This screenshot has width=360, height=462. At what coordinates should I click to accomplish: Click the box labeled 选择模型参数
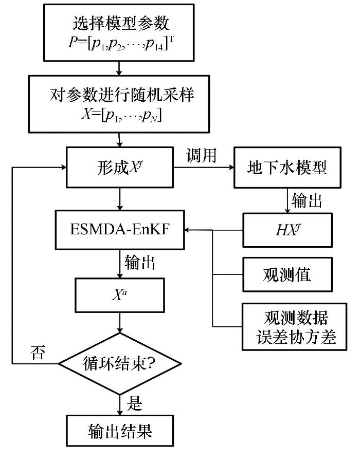coord(119,32)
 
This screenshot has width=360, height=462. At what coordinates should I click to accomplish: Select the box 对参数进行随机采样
coord(119,104)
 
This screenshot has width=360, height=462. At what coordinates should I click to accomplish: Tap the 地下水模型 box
coord(287,168)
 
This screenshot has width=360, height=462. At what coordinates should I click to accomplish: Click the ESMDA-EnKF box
coord(120,230)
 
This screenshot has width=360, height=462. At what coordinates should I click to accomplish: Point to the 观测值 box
coord(287,274)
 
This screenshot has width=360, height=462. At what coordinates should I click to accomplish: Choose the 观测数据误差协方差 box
coord(295,327)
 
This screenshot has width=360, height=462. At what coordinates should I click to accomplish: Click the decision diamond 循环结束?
coord(120,364)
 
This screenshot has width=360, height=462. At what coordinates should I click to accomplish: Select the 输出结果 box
coord(120,431)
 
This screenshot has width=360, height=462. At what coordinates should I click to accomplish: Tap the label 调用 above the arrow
coord(202,155)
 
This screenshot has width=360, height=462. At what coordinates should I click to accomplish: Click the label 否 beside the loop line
coord(38,352)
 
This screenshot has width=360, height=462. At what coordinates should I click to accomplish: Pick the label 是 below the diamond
coord(134,403)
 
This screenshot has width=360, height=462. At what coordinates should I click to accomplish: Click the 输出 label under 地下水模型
coord(307,201)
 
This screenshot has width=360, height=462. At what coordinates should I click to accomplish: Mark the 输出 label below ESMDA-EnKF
coord(139,262)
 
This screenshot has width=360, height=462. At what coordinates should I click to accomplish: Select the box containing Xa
coord(120,295)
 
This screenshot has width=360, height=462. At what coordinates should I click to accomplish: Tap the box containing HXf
coord(287,230)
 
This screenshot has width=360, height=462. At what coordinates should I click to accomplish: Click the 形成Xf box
coord(120,168)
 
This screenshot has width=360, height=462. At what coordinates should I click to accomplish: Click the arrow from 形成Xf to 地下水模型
coord(204,168)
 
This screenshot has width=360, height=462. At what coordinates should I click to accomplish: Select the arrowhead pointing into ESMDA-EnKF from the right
coord(187,230)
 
